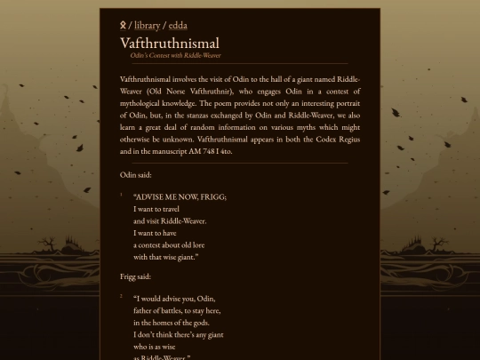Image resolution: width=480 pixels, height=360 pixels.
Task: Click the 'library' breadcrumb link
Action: pyautogui.click(x=148, y=25)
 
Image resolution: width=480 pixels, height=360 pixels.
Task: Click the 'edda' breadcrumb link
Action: pyautogui.click(x=178, y=25)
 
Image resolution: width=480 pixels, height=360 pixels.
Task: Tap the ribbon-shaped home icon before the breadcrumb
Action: pyautogui.click(x=124, y=25)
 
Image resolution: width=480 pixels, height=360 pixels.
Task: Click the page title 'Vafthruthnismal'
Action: pyautogui.click(x=169, y=43)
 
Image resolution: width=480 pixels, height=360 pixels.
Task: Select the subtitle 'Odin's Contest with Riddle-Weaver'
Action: pyautogui.click(x=175, y=55)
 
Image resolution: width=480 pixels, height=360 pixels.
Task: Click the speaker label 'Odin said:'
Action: pyautogui.click(x=135, y=175)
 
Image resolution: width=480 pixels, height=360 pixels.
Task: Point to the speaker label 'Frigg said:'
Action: pyautogui.click(x=136, y=276)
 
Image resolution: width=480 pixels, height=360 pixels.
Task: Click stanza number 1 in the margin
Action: pyautogui.click(x=122, y=195)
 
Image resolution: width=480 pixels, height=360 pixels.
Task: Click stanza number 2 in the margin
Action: pyautogui.click(x=122, y=296)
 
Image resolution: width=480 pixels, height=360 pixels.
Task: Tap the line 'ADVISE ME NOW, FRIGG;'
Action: pyautogui.click(x=180, y=196)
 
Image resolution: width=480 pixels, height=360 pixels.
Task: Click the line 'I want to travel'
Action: pyautogui.click(x=156, y=209)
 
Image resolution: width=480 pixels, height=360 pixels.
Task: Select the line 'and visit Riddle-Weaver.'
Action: pyautogui.click(x=170, y=220)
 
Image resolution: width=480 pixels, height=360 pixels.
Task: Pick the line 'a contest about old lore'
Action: pyautogui.click(x=169, y=244)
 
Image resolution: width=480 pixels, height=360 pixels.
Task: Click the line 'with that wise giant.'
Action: pyautogui.click(x=166, y=257)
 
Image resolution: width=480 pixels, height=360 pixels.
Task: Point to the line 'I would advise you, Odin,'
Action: pyautogui.click(x=174, y=299)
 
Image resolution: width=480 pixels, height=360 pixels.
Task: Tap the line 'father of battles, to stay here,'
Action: pyautogui.click(x=177, y=310)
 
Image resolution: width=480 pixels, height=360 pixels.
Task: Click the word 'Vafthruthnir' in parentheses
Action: pyautogui.click(x=212, y=91)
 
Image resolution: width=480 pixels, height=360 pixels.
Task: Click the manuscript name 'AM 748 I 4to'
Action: pyautogui.click(x=212, y=151)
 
